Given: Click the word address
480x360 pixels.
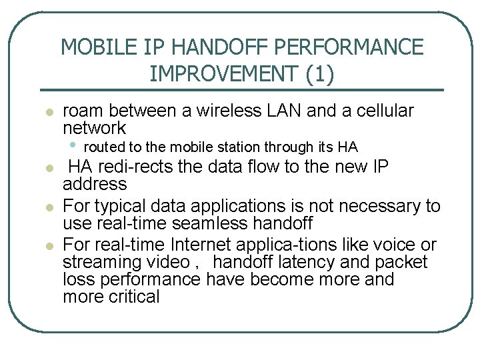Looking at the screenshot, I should [95, 183].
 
